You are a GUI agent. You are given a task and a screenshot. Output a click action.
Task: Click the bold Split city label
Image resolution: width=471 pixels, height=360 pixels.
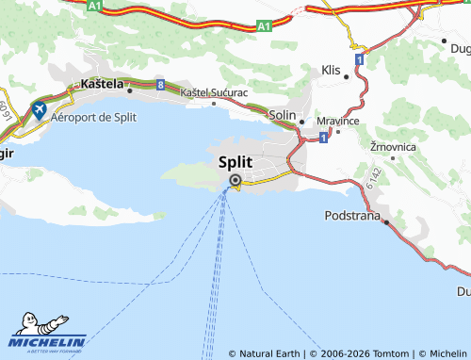click(x=235, y=161)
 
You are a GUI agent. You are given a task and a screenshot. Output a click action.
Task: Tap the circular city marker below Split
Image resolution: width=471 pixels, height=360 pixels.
click(x=235, y=181)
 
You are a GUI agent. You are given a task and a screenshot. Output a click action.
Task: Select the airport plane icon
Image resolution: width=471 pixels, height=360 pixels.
click(x=40, y=111)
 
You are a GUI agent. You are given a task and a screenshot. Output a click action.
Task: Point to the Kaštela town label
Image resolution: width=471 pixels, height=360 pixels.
click(x=103, y=84)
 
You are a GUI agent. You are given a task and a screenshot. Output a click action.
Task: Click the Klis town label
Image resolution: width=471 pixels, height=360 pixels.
click(x=330, y=71)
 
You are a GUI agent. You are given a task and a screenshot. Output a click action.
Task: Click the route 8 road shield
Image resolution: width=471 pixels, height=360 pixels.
click(x=161, y=85)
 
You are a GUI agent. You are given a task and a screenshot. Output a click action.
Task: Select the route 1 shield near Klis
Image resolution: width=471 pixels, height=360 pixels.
click(x=360, y=58)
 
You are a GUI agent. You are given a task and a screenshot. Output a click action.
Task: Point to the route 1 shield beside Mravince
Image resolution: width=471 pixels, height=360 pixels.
click(x=323, y=138)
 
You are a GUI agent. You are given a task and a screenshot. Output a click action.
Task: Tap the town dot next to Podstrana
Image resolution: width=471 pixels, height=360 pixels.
click(x=386, y=221)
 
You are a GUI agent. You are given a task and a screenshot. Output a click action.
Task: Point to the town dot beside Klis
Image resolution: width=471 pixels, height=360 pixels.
click(x=346, y=76)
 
